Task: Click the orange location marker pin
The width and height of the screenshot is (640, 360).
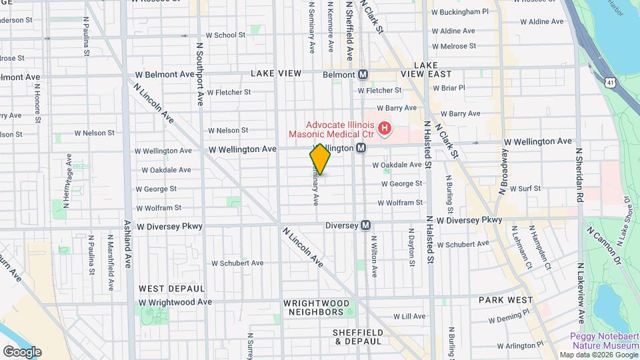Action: point(320,159)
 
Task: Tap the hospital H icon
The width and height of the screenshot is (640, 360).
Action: point(384,127)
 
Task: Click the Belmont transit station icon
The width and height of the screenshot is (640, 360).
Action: point(363,75)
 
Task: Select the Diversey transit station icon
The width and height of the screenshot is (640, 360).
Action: point(365,225)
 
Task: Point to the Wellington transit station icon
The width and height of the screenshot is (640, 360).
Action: point(360,148)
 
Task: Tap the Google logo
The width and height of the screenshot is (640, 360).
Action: point(22,351)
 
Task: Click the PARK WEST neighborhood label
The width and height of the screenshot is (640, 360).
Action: point(505,300)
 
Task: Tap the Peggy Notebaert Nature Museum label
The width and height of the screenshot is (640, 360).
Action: point(595,341)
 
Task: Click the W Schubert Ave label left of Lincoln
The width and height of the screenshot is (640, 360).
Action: point(237,263)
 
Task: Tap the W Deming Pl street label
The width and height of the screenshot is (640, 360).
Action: point(509,315)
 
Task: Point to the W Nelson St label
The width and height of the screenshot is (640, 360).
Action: point(228,130)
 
